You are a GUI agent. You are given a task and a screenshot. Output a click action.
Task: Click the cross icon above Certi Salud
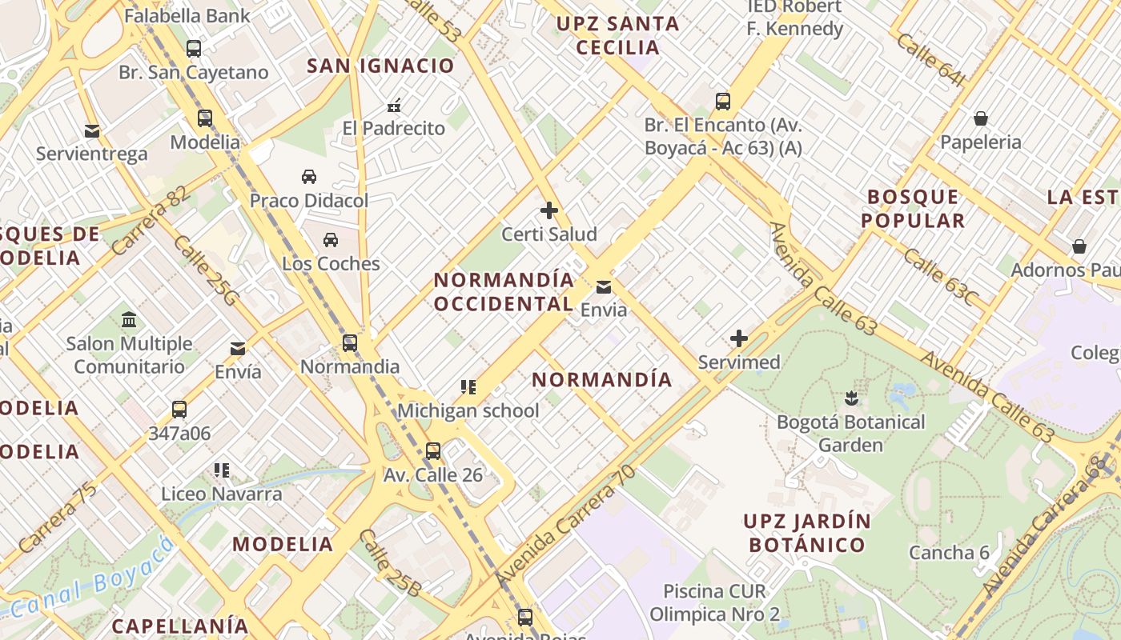coord(548,210)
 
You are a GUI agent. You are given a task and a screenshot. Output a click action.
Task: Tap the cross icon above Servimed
coord(738,338)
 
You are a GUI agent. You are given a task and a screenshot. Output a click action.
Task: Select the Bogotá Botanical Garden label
coord(850,433)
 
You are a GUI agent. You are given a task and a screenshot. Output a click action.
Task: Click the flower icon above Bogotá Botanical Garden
coord(850,398)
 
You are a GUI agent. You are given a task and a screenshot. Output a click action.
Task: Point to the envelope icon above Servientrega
coord(92,130)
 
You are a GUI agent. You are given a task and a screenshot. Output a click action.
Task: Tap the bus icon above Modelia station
coord(204,118)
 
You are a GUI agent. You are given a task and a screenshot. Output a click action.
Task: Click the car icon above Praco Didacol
coord(308,176)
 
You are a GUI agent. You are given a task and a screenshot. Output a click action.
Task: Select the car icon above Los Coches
coord(330,239)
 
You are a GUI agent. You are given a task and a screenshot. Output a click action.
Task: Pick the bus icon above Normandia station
coord(349,343)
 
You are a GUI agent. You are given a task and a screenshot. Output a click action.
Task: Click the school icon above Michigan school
coord(468,387)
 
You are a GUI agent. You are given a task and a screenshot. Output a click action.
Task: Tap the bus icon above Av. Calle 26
coord(432,450)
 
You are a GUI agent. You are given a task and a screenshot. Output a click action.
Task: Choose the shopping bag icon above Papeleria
coord(980,118)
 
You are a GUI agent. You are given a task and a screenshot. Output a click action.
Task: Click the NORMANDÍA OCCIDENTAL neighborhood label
coord(504,292)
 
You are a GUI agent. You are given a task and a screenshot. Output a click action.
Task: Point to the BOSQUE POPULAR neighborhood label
coord(914,209)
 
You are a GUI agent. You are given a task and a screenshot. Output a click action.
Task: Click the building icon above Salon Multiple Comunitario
coord(128,320)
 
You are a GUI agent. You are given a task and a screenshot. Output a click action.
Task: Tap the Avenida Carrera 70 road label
coord(565,526)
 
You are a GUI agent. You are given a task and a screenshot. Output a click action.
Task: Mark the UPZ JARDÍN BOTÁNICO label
coord(806,533)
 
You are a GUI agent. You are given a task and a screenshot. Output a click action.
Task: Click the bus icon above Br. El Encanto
coord(722,101)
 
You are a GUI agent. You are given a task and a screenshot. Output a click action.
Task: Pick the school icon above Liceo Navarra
coord(221,470)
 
